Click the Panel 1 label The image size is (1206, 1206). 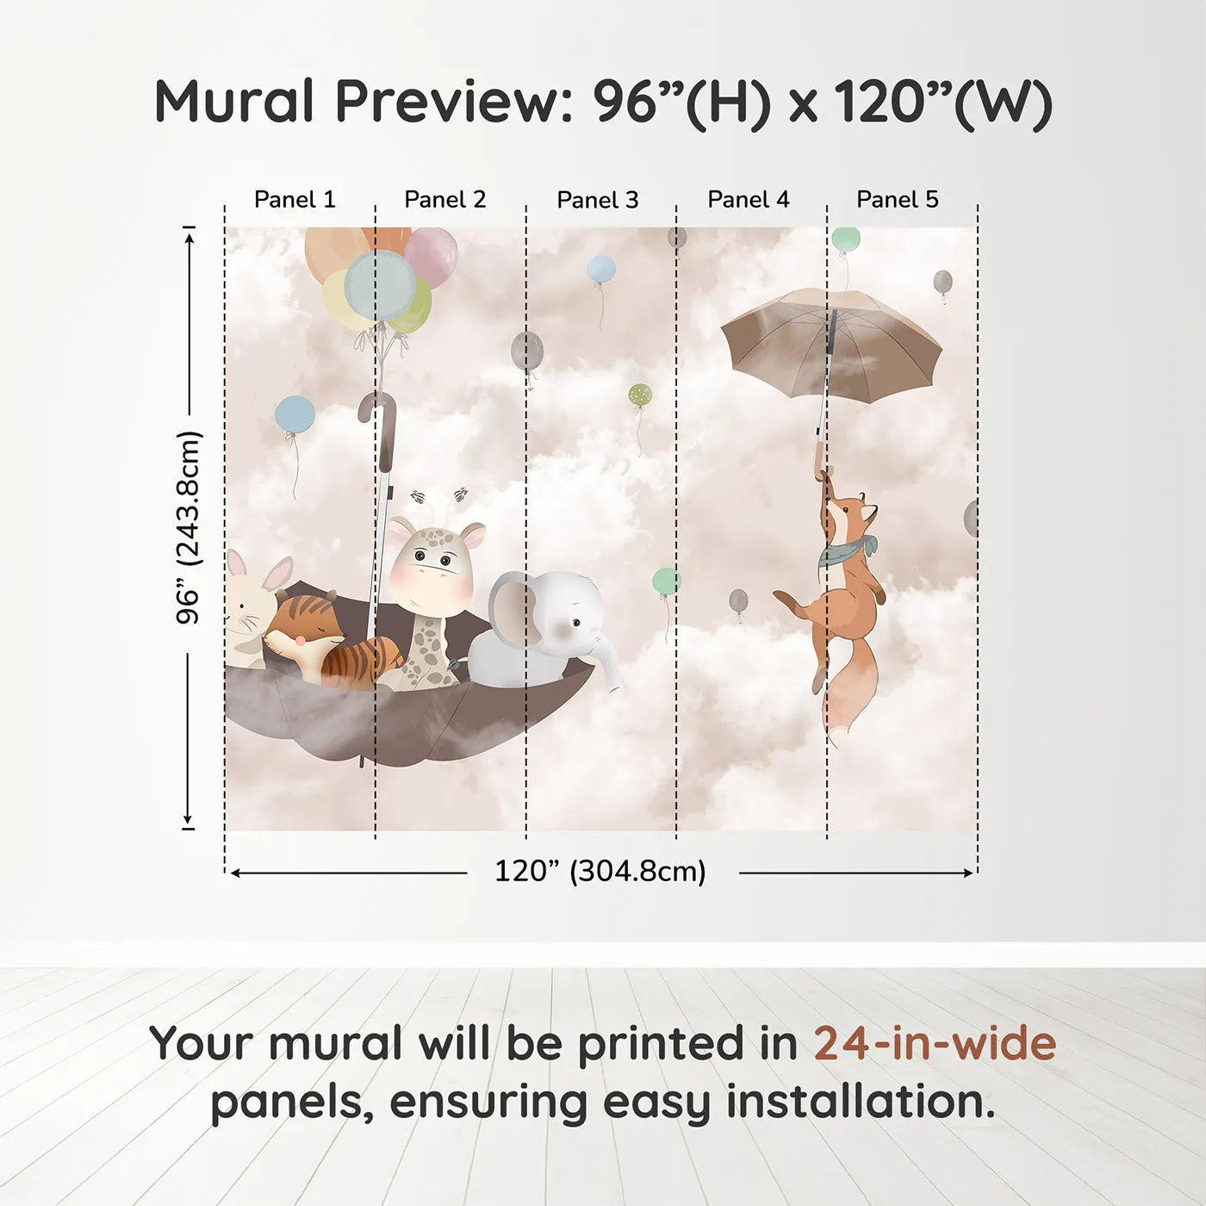click(295, 200)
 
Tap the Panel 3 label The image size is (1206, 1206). click(598, 200)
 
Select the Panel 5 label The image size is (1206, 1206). click(898, 200)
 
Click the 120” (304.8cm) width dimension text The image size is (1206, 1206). click(600, 871)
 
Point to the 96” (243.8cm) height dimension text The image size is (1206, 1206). click(188, 527)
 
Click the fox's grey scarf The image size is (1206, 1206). click(845, 550)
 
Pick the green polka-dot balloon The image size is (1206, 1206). click(640, 395)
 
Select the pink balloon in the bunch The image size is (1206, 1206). click(432, 258)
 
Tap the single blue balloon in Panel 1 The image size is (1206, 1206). click(295, 414)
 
